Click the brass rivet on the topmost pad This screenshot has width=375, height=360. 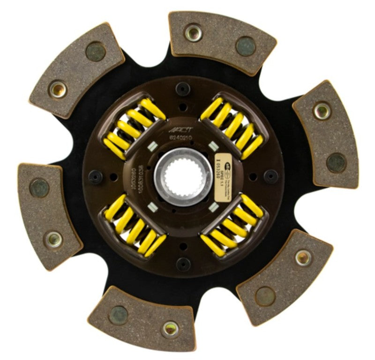click(x=193, y=32)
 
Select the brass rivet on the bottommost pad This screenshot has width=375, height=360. click(x=170, y=328)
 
